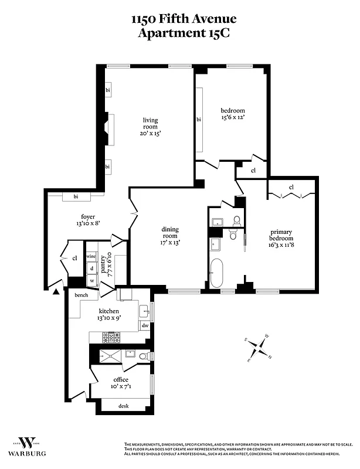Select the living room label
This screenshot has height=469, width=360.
(x=151, y=127)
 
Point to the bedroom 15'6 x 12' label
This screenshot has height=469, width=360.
(x=232, y=114)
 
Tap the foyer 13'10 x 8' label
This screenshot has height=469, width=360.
(x=72, y=220)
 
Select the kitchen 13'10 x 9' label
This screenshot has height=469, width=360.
(x=109, y=314)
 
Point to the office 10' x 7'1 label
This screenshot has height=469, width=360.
(x=121, y=383)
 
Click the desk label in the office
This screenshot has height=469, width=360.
(x=123, y=406)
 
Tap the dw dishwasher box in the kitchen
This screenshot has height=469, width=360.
(x=145, y=325)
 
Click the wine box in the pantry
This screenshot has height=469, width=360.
(x=91, y=257)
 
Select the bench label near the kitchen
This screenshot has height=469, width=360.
(x=80, y=295)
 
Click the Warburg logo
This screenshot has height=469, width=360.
(x=26, y=447)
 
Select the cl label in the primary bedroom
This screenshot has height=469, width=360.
(x=291, y=188)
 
